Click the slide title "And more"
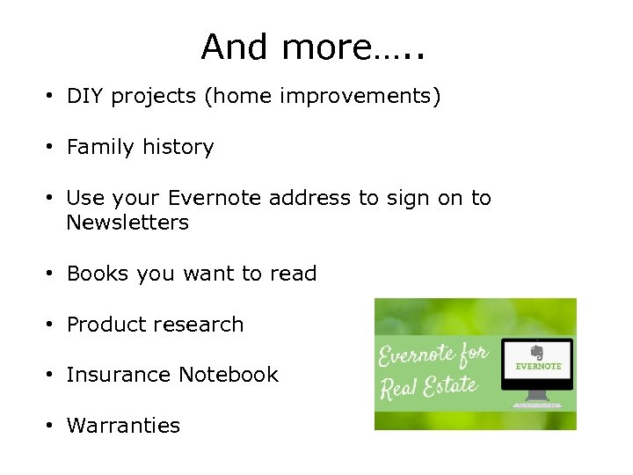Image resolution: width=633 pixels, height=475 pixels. point(312,47)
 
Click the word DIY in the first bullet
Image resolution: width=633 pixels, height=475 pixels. point(85,96)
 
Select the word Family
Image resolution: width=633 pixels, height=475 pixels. point(98,147)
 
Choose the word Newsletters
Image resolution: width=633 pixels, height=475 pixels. point(127,223)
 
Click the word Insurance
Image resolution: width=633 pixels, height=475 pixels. point(119,375)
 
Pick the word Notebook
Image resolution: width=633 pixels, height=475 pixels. point(229,375)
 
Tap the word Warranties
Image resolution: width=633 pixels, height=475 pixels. point(123,426)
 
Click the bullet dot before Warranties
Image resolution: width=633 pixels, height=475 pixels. point(52,427)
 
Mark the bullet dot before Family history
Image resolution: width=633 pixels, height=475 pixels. point(52,148)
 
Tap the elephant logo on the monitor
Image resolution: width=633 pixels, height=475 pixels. point(538,352)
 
